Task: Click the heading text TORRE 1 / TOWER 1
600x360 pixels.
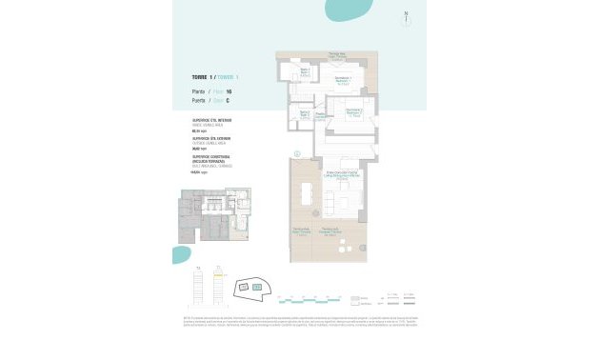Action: point(214,77)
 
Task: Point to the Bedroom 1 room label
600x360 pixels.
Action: point(343,80)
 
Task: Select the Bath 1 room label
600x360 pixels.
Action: point(305,70)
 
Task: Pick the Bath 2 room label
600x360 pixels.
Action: point(304,113)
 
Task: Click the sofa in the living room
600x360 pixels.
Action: point(342,202)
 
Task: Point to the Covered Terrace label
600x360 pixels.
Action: point(330,231)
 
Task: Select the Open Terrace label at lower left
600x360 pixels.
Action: point(301,231)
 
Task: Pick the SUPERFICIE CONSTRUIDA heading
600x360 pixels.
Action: point(211,159)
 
